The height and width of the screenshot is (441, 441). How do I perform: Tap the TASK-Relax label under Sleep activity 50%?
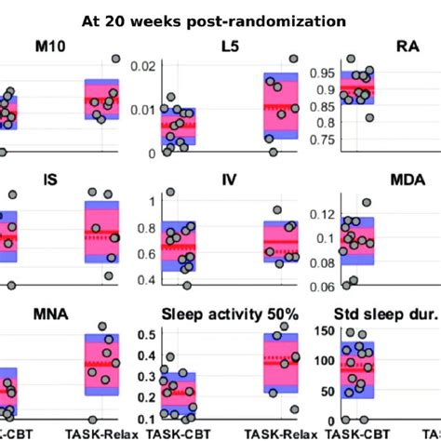coord(280,433)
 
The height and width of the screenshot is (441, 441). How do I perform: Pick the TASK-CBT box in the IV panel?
coord(179,247)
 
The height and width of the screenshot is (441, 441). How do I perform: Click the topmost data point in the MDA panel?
coord(366,202)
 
